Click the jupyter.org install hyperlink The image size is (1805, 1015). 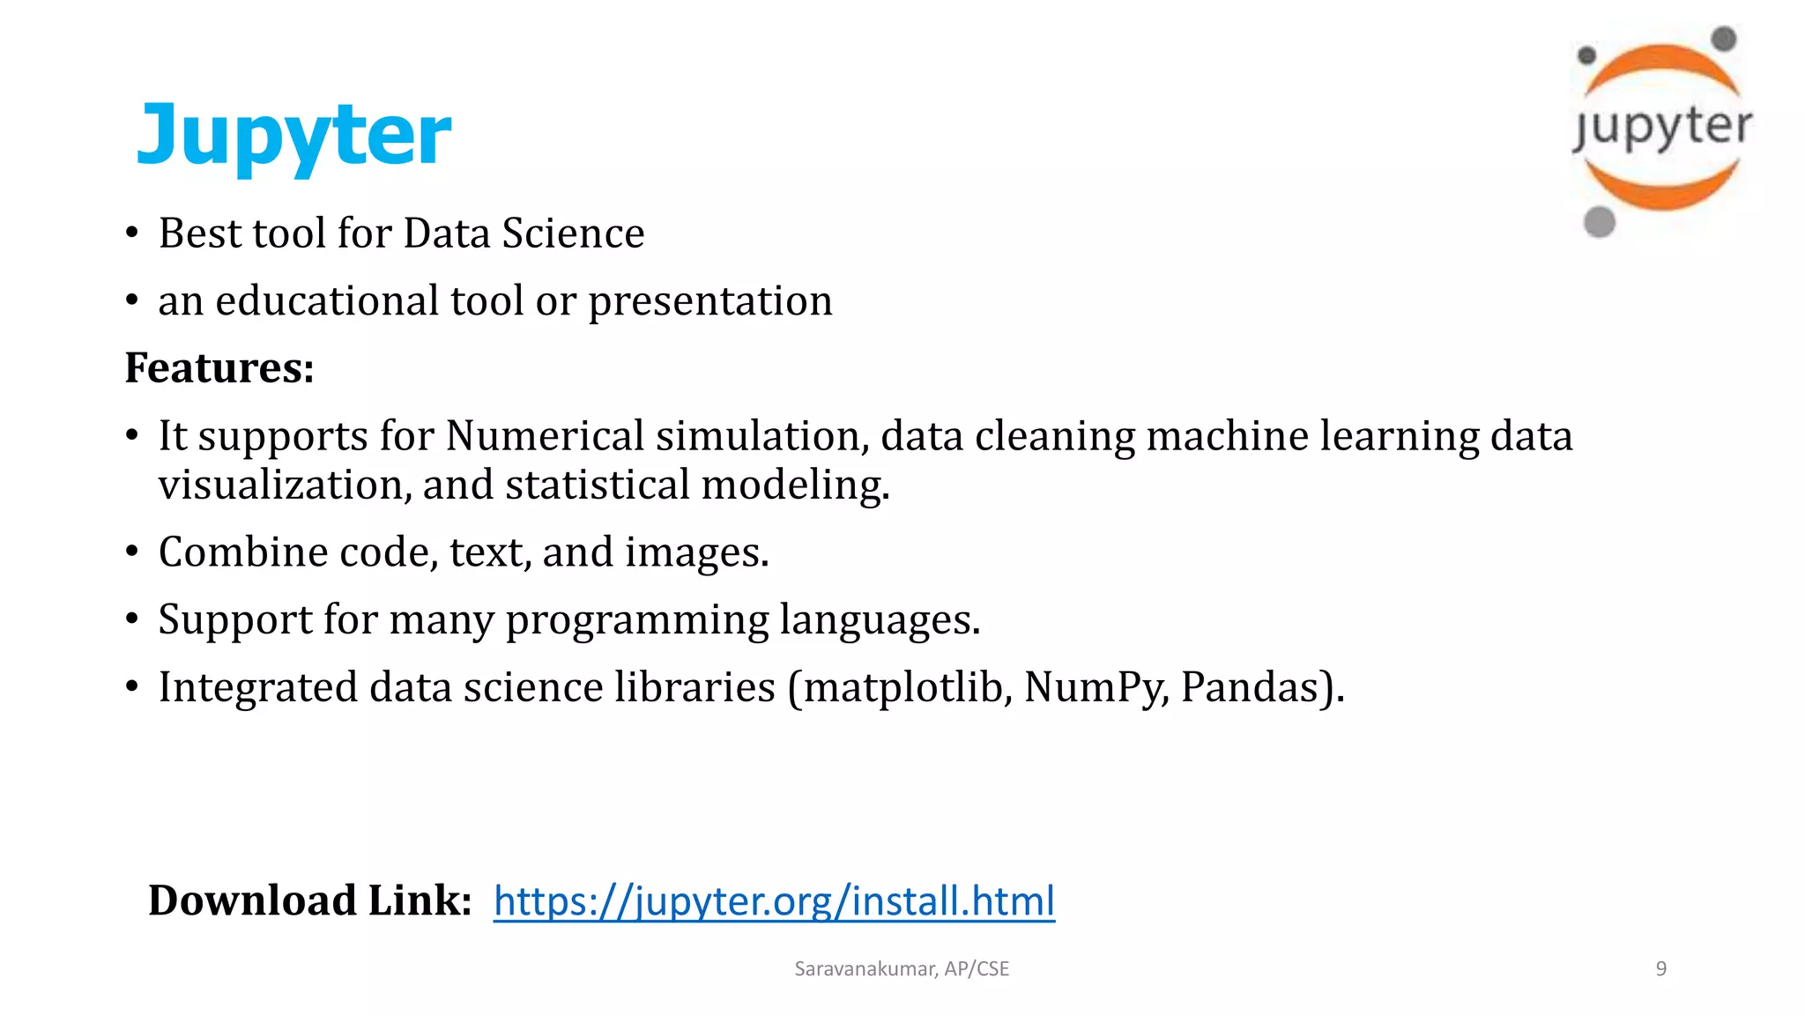[x=774, y=900]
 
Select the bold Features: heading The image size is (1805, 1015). [x=219, y=367]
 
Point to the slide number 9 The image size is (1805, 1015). [x=1660, y=968]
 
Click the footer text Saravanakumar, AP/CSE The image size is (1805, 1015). [x=902, y=968]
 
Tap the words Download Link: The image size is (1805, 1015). [x=310, y=900]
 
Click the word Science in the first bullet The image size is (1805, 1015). [x=573, y=233]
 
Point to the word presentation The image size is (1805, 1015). [x=709, y=302]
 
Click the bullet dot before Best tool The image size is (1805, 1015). [x=132, y=233]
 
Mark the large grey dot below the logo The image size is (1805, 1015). [x=1599, y=221]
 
